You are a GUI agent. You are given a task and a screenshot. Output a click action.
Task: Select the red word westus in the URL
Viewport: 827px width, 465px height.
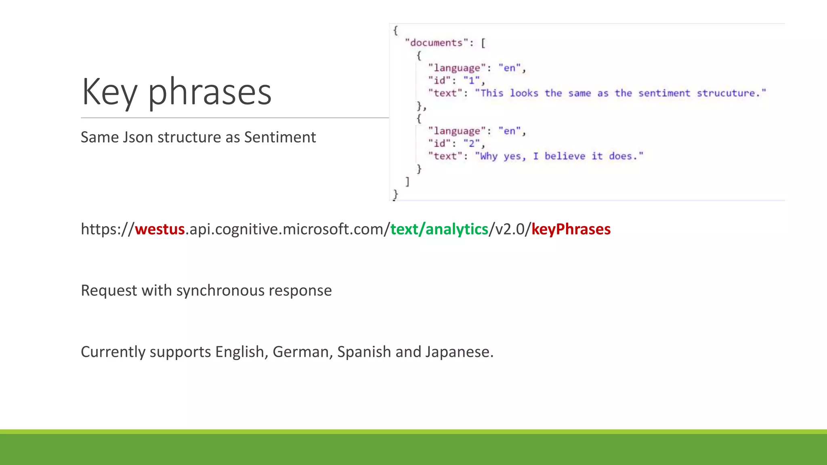160,229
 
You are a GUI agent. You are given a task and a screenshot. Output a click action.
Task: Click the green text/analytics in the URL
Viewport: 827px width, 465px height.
439,229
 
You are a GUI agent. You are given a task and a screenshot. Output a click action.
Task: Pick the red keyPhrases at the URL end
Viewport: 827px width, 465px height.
571,229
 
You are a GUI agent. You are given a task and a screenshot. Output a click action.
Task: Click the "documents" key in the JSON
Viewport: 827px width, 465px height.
436,43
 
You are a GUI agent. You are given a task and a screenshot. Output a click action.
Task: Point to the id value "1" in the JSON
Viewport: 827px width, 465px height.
471,80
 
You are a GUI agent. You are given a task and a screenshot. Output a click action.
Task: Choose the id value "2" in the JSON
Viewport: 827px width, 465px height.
471,143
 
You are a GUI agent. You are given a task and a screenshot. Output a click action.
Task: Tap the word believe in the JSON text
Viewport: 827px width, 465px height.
565,156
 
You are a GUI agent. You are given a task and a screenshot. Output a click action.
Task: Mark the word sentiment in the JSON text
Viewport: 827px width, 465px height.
664,93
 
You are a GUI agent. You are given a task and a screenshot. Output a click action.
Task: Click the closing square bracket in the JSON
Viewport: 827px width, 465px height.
407,182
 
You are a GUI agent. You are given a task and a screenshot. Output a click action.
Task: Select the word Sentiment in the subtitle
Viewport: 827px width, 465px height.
280,137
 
